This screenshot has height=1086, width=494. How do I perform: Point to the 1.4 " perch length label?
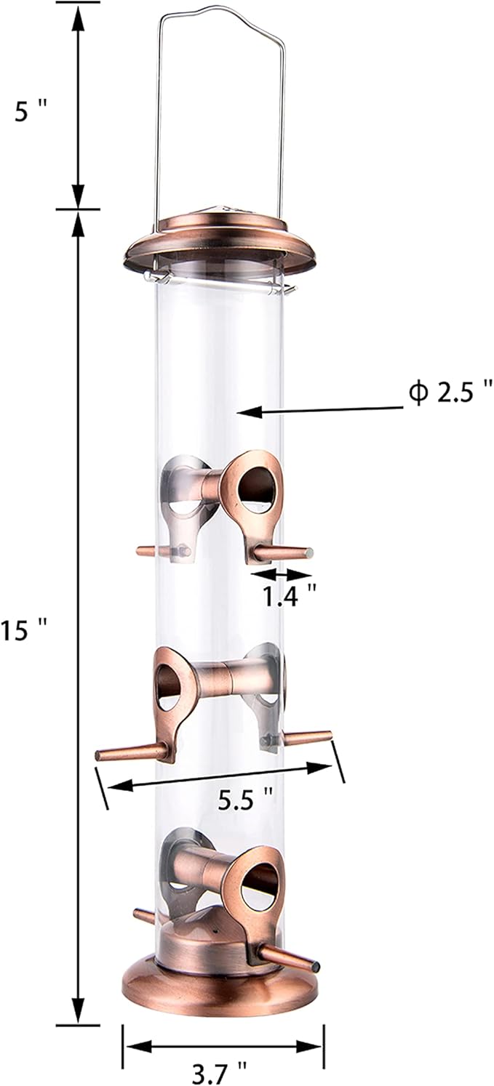point(289,595)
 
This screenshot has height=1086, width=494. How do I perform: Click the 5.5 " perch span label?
point(246,802)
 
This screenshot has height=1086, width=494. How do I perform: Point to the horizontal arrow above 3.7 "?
point(222,1046)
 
